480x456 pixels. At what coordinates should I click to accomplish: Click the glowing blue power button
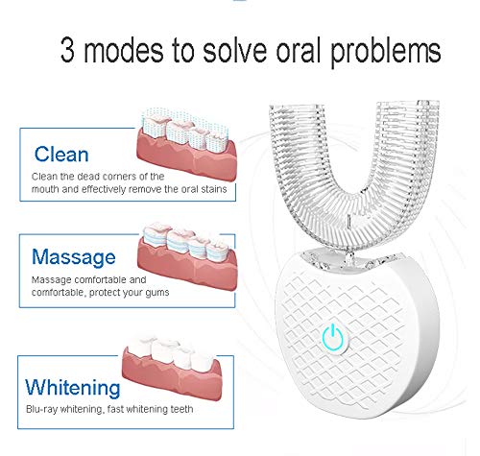click(x=331, y=338)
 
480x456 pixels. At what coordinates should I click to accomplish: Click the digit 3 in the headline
click(x=69, y=49)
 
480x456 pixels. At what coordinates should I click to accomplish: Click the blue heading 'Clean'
click(x=62, y=154)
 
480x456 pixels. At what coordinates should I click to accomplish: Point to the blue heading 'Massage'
click(x=74, y=257)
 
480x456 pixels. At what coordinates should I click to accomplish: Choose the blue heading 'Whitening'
click(x=73, y=388)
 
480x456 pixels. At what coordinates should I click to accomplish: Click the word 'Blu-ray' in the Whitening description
click(x=44, y=410)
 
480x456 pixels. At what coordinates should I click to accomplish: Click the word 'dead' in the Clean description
click(x=87, y=176)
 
